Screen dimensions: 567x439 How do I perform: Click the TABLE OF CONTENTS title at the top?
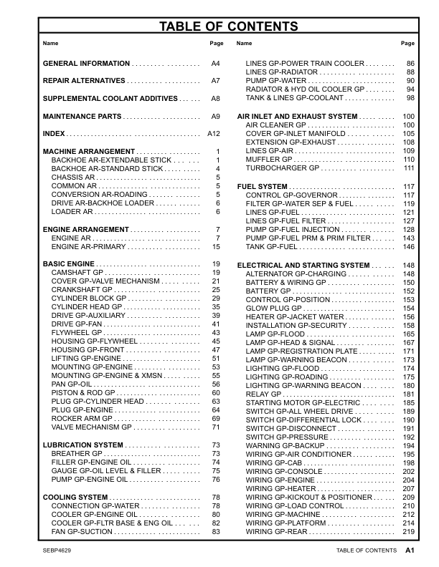pos(219,27)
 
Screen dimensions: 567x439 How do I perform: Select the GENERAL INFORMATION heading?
pos(86,64)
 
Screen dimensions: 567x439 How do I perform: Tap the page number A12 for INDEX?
pos(213,134)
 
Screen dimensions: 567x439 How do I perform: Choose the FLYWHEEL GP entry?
pos(75,333)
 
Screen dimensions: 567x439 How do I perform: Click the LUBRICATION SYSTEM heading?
pos(82,445)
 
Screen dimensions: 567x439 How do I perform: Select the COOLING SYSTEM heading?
pos(75,497)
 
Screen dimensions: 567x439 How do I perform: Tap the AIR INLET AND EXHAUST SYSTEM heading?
pos(297,116)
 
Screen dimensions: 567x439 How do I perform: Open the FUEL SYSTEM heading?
pos(262,186)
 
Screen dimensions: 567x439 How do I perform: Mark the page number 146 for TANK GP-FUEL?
pos(409,246)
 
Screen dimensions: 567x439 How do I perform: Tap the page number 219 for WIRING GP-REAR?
pos(409,532)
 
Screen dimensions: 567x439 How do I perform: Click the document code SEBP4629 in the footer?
pos(59,551)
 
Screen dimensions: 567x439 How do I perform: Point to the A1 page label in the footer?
pos(410,551)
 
